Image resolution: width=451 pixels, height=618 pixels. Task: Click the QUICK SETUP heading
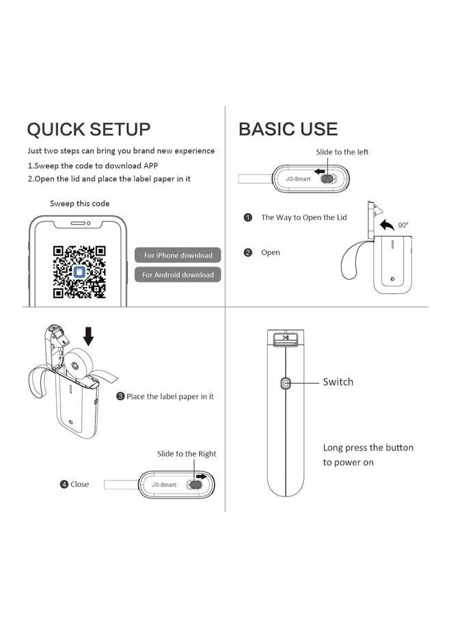click(x=88, y=129)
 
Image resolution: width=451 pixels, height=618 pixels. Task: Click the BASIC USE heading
click(x=288, y=129)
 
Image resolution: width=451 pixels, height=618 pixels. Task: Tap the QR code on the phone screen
click(x=79, y=272)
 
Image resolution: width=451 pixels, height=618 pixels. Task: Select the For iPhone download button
click(x=178, y=255)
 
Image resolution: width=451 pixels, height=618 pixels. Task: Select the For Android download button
click(x=178, y=275)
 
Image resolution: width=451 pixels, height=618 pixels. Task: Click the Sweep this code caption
click(x=79, y=204)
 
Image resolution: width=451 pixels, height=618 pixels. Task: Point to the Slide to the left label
click(x=342, y=152)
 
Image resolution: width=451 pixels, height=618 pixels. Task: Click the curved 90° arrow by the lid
click(x=387, y=226)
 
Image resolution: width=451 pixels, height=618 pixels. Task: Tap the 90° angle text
click(x=402, y=224)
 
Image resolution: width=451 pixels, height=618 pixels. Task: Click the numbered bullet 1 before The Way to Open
click(x=249, y=217)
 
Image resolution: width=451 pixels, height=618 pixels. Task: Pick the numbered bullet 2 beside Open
click(x=249, y=252)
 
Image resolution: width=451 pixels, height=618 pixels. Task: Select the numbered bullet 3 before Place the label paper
click(x=120, y=397)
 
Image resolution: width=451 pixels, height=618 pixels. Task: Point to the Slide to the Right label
click(x=187, y=453)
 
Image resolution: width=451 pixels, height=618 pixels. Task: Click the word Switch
click(x=338, y=381)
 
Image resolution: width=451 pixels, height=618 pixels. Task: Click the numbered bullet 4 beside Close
click(x=64, y=484)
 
